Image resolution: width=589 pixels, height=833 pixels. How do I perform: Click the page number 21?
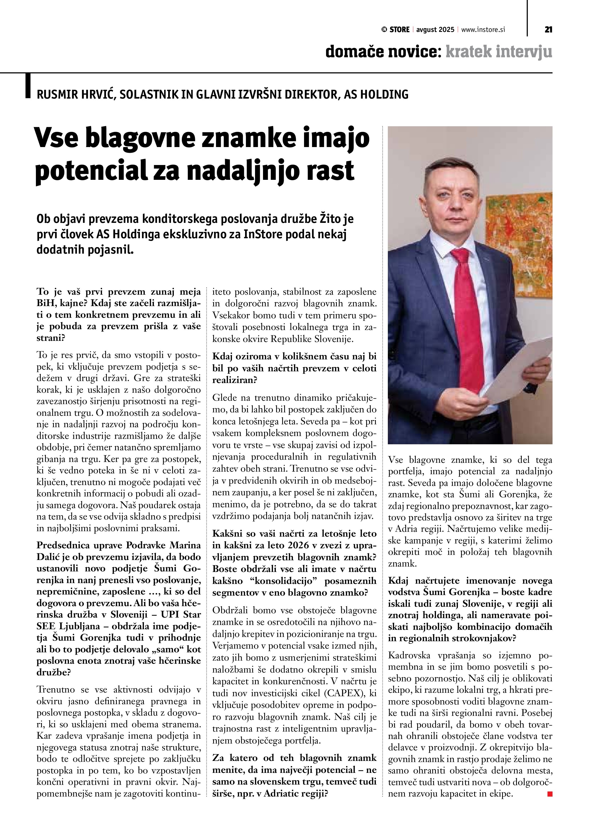[548, 30]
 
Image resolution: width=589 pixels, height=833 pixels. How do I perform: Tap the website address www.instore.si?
[483, 30]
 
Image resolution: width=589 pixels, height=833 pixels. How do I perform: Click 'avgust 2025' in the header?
[435, 30]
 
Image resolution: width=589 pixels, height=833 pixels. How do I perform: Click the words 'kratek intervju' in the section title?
[499, 52]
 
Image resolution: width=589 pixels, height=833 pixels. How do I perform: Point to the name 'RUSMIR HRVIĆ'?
[76, 95]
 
